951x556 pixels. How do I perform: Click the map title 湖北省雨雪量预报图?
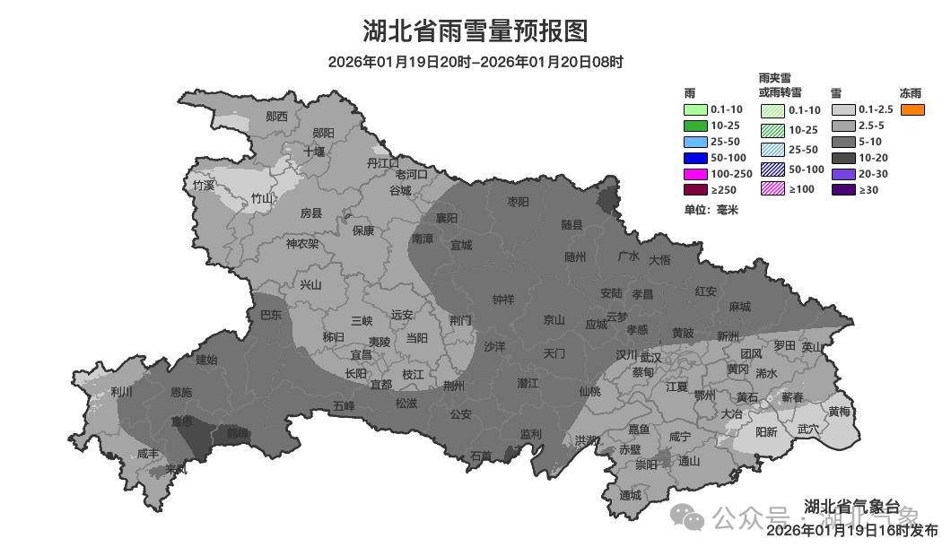coord(475,31)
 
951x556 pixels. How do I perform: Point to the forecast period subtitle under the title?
coord(475,62)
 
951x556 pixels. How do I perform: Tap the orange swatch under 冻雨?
coord(912,109)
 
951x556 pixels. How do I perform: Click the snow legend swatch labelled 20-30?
coord(843,174)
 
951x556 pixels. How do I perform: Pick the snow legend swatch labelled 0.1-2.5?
coord(843,109)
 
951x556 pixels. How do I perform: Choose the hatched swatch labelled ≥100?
coord(772,189)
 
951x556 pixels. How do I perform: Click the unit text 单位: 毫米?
coord(711,210)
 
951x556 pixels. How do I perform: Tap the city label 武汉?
coord(650,357)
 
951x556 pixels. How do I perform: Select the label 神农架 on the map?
coord(302,244)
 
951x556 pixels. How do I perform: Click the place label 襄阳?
coord(447,218)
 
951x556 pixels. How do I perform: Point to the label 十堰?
coord(314,152)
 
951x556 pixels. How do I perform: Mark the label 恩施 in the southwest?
coord(180,392)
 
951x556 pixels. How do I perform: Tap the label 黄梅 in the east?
coord(839,412)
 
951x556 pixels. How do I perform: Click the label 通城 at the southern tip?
coord(630,495)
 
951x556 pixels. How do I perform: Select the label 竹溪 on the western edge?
coord(204,186)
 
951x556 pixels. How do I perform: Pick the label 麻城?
coord(739,306)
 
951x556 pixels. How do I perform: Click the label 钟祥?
coord(503,300)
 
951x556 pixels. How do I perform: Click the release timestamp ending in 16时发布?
coord(851,530)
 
